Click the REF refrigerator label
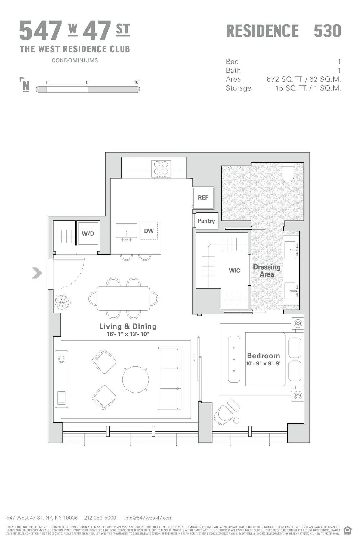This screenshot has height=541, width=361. coord(203,197)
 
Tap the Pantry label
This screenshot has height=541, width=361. coord(206,221)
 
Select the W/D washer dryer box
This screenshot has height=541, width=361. coord(88,234)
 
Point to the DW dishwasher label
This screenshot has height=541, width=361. coord(149,231)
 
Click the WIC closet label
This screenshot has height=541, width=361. coord(234,270)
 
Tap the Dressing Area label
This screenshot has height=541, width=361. coord(267,270)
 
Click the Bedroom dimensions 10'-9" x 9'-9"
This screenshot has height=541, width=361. coord(264,363)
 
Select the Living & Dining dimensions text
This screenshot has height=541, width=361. coord(128,334)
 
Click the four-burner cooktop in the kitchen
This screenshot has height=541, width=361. coord(161,168)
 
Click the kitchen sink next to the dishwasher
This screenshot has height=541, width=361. coord(126,231)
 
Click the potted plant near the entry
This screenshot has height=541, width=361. coord(63,301)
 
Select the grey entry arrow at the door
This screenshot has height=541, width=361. coord(37,273)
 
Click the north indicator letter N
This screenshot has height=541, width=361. coord(26,86)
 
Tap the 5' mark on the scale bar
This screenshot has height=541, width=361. coord(88,82)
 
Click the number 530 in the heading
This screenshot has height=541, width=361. coord(327,31)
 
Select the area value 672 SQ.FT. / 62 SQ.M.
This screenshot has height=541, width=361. coord(304,79)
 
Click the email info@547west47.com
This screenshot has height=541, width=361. coord(148,518)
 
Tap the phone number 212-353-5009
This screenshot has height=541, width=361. coord(100,518)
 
